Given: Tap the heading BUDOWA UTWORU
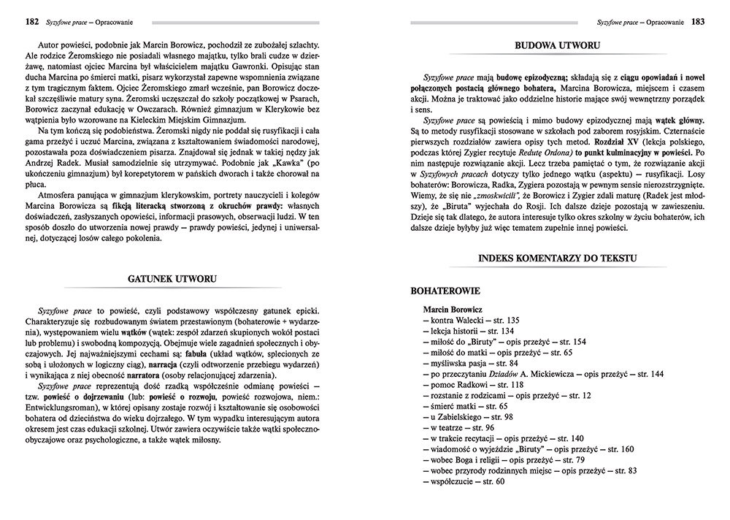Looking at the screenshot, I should coord(558,45).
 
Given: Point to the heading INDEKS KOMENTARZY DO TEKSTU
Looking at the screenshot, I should coord(558,258).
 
